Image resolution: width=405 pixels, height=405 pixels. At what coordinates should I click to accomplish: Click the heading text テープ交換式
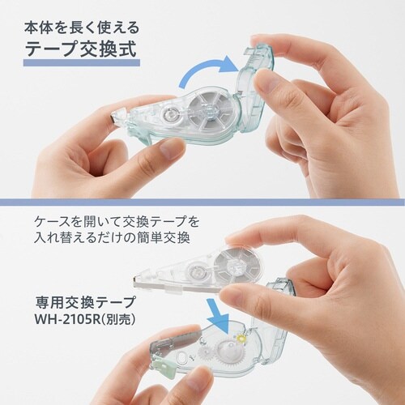(81, 49)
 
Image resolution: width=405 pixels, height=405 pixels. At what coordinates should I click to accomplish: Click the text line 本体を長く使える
(82, 28)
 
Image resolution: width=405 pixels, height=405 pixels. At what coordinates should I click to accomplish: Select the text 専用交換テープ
(85, 302)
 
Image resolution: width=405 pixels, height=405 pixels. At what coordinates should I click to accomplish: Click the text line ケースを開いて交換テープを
(117, 222)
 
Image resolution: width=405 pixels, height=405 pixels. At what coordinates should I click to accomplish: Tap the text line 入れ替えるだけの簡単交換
(112, 238)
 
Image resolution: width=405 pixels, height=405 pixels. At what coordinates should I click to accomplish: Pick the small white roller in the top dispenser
(169, 115)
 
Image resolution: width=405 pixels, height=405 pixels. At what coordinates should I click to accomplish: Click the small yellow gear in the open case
(240, 339)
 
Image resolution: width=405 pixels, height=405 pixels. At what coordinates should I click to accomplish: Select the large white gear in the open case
(228, 350)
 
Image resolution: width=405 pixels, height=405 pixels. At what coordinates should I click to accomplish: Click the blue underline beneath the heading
(82, 63)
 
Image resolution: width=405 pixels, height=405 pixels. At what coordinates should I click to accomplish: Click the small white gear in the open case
(204, 352)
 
